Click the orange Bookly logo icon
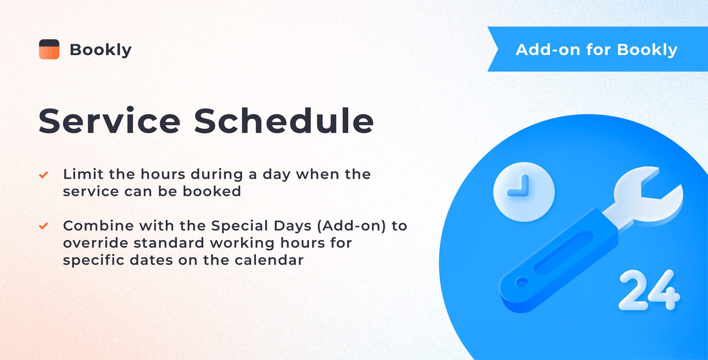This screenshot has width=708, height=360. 49,49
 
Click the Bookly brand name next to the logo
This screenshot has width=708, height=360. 101,50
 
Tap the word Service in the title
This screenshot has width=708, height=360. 110,121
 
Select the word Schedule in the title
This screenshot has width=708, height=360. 284,121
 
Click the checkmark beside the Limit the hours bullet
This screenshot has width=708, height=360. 44,175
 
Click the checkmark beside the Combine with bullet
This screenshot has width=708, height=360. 44,226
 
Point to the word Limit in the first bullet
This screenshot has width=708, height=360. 83,174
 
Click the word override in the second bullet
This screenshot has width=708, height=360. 96,243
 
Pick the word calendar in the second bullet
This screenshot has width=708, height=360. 269,260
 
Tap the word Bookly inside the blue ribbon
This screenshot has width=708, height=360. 647,50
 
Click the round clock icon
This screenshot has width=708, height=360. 524,192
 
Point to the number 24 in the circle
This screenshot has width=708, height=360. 649,290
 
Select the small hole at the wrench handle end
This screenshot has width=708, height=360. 521,282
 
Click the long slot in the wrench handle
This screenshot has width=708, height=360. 563,252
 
